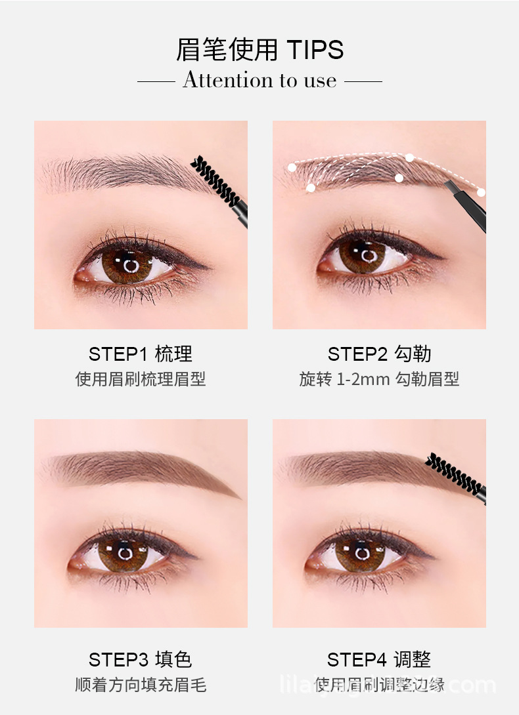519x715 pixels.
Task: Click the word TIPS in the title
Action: (315, 51)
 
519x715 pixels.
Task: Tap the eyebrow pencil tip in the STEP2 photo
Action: (449, 186)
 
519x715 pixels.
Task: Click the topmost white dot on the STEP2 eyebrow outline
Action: (410, 157)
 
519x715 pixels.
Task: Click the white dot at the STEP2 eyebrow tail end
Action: (481, 192)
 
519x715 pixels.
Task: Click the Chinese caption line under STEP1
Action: (141, 379)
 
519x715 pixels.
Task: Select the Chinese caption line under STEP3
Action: (141, 685)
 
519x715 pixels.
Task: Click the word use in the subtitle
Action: (321, 81)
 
